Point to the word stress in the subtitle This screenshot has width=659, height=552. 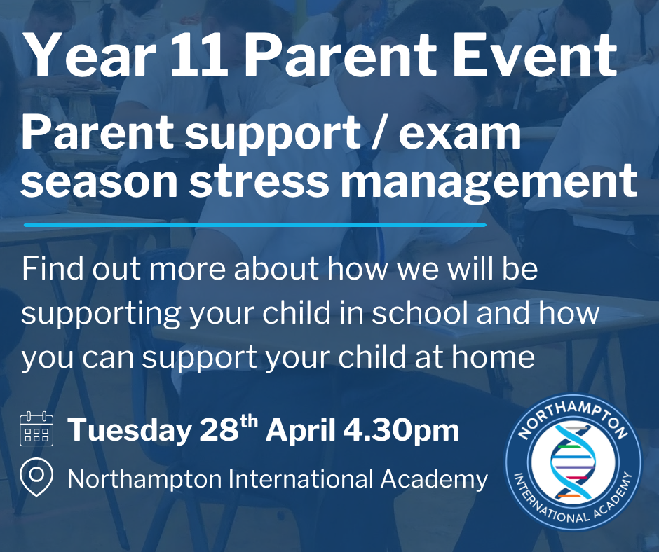(x=259, y=181)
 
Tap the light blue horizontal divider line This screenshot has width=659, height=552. (x=255, y=225)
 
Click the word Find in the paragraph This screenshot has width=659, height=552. (x=53, y=268)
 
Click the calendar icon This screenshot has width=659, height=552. (x=36, y=429)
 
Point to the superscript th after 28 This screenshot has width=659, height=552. (x=248, y=422)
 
